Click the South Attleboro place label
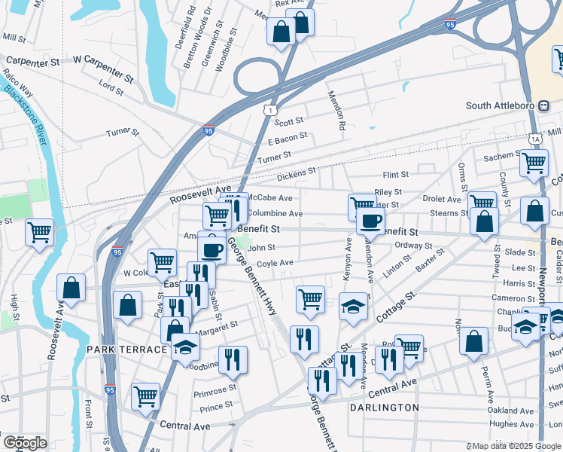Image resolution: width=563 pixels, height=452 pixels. click(500, 105)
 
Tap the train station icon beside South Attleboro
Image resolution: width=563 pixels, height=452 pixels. click(543, 105)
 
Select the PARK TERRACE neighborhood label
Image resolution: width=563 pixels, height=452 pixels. click(126, 350)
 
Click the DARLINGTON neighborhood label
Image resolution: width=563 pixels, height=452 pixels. click(384, 408)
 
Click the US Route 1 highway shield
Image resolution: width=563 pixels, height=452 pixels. click(268, 111)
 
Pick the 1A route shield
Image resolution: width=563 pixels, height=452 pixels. click(535, 139)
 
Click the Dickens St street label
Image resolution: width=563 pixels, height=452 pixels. click(296, 173)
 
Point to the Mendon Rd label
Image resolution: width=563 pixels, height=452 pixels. click(336, 109)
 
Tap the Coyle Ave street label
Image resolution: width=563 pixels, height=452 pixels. click(275, 263)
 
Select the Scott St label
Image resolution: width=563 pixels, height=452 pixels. click(288, 121)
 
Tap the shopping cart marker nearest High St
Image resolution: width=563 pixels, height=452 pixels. click(39, 232)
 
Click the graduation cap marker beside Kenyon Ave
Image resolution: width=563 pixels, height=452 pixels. click(353, 306)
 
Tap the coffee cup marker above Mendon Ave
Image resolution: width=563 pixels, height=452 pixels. click(370, 221)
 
